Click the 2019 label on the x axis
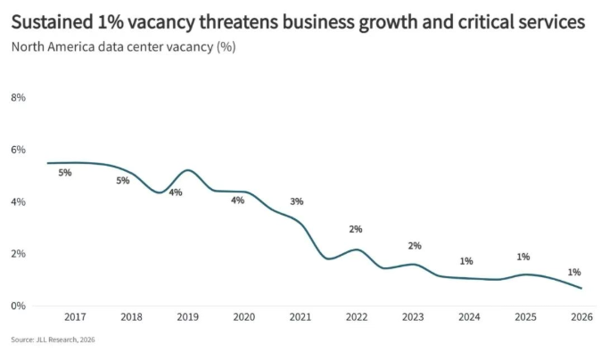(x=188, y=317)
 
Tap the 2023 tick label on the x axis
(x=413, y=317)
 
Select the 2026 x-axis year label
(x=582, y=317)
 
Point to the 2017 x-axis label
(x=75, y=317)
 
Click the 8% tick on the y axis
(x=19, y=98)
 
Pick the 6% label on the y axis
(x=19, y=150)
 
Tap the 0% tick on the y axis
(x=19, y=306)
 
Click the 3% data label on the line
(x=297, y=201)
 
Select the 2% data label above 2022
(x=356, y=229)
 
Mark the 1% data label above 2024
(x=466, y=262)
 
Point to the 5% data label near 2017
(x=65, y=173)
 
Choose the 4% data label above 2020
(x=238, y=200)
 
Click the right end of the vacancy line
(x=581, y=288)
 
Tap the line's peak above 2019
(x=188, y=170)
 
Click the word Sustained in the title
(x=52, y=21)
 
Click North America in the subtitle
(x=53, y=46)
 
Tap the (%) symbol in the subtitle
(x=226, y=47)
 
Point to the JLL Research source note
(x=53, y=340)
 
